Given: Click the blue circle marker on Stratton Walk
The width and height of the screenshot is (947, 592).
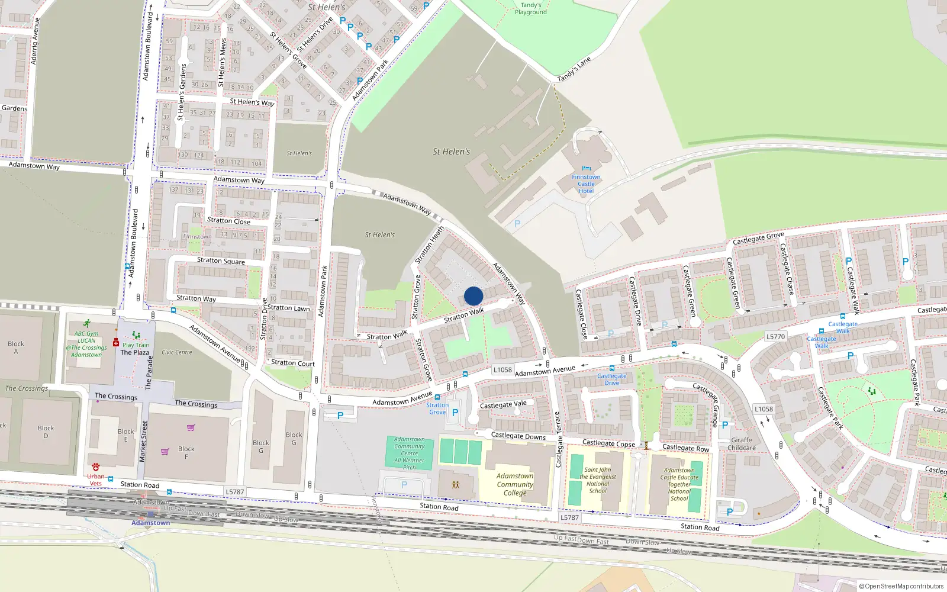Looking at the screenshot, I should point(474,296).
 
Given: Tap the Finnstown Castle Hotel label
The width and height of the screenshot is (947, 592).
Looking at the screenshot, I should point(586,184).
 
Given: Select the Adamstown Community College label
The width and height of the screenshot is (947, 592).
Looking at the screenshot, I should point(515,484).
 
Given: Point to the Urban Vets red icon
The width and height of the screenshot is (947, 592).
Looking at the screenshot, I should point(96,467).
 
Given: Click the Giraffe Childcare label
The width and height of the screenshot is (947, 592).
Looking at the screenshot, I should point(742,444).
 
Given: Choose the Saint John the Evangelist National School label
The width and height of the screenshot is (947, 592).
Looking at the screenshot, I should point(598,480).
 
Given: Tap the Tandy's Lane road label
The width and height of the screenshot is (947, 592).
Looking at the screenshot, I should point(574,69).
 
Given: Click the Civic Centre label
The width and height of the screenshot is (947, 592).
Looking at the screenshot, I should point(177,352).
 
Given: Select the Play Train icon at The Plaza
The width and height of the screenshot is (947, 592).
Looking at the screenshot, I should point(136,335).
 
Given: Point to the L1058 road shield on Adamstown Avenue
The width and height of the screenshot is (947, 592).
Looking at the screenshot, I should point(503,370).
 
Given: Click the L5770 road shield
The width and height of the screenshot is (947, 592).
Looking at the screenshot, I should point(775,337).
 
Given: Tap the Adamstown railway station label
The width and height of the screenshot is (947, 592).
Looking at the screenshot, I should point(150,523).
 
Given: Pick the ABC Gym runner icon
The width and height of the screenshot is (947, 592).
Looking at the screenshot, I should point(87,324).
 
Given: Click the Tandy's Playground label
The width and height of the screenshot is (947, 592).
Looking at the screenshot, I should point(531,8).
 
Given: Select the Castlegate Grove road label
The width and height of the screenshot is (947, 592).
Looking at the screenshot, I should point(758,238).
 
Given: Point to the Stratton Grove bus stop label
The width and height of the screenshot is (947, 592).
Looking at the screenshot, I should point(437,408).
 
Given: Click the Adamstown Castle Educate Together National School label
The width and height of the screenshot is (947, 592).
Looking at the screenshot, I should point(679,484).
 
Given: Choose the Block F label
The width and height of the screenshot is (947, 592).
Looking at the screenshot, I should point(186,452).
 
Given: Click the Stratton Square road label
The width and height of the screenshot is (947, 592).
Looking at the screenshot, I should point(221,260).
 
